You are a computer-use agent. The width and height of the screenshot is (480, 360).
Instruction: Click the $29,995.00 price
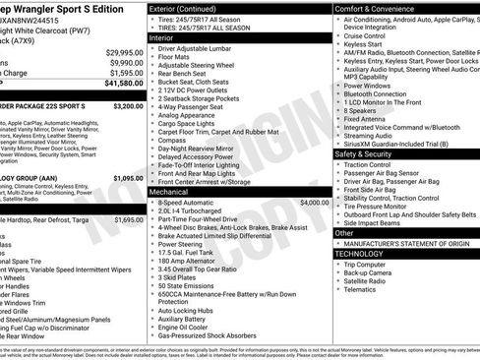pyautogui.click(x=124, y=52)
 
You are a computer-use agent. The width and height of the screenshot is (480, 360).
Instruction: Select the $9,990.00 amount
pyautogui.click(x=126, y=62)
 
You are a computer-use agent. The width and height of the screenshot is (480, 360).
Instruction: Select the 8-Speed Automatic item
pyautogui.click(x=190, y=202)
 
